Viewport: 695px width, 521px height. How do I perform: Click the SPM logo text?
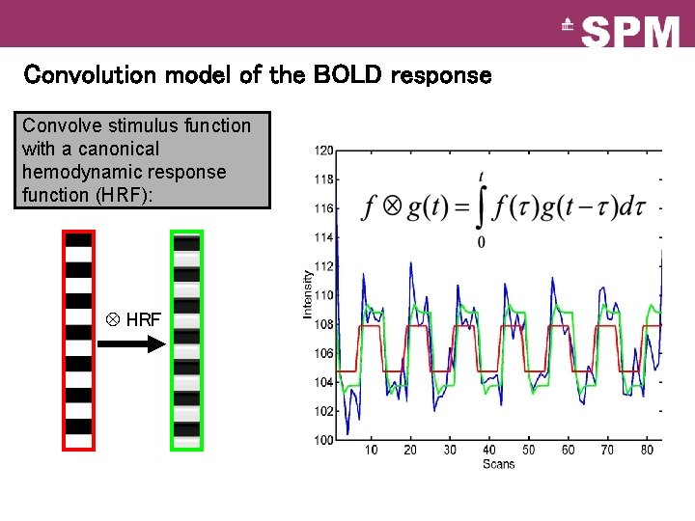631,32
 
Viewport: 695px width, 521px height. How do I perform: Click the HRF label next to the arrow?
143,319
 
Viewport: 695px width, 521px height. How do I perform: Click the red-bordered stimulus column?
78,340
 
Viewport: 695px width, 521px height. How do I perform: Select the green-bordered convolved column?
186,340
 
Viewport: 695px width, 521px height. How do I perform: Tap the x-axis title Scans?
498,464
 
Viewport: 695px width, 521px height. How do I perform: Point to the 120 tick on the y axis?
323,151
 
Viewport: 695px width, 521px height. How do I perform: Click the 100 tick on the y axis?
323,441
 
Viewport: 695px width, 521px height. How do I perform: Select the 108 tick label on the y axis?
323,324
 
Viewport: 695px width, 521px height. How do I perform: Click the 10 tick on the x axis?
372,451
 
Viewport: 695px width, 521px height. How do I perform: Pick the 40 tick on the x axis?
489,451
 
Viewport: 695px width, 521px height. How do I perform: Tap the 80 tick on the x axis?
647,451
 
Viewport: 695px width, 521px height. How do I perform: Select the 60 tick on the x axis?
569,451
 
